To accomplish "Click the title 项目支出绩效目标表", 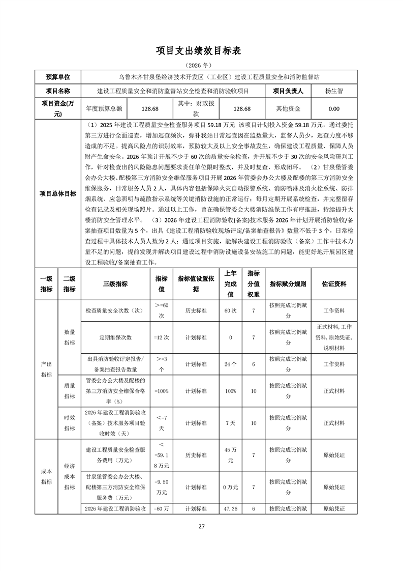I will pos(201,51).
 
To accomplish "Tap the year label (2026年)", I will pos(202,66).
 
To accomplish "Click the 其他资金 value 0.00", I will pos(334,109).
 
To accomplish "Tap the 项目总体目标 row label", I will pos(58,193).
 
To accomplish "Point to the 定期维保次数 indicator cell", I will pos(115,337).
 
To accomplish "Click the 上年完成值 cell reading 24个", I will pos(230,364).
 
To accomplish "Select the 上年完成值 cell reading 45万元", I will pos(230,455).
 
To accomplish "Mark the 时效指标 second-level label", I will pos(69,423).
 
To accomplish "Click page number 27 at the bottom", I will pos(201,526).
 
